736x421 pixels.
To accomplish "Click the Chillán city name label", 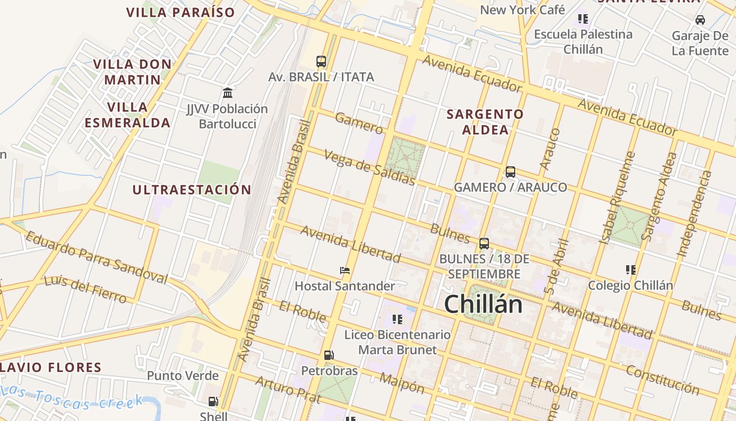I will click(483, 305).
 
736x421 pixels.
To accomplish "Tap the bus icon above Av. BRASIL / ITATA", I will click(321, 62).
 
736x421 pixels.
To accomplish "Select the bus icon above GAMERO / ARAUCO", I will click(510, 172).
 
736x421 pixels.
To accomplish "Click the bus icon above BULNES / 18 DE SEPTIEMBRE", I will click(484, 244).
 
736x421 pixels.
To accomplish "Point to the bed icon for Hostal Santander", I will click(345, 270).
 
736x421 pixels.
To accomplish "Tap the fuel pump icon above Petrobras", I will click(329, 355).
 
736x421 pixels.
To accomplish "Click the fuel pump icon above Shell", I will click(213, 402).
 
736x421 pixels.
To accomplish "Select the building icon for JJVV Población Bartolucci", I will click(228, 93).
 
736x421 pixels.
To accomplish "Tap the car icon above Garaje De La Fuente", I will click(700, 20).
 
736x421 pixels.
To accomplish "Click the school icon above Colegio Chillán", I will click(631, 270).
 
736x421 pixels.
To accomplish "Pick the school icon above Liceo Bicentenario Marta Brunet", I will click(397, 319).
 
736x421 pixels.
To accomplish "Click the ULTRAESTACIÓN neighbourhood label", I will click(191, 190).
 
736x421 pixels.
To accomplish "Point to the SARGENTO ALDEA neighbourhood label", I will click(485, 122).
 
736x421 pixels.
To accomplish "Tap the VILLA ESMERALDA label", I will click(127, 115).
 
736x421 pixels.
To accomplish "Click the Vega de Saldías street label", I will click(370, 168).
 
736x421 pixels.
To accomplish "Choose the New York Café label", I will click(522, 9).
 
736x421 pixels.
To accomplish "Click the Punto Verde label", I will click(182, 376).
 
